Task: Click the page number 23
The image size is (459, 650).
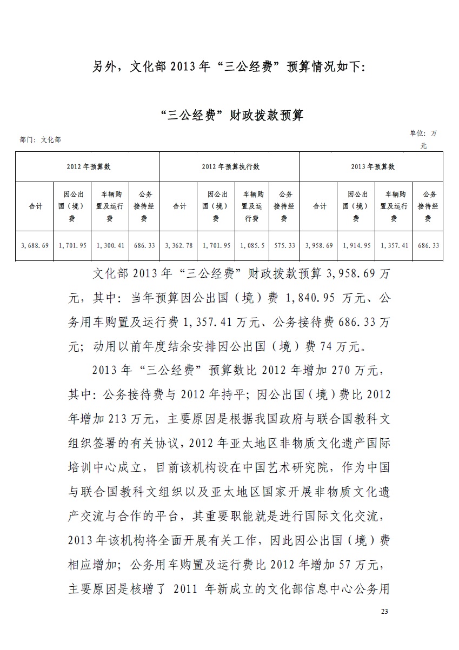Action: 384,611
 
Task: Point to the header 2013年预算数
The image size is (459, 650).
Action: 372,167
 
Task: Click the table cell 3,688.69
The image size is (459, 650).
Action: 35,245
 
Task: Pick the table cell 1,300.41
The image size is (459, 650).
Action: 110,245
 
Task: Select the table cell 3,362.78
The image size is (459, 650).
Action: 178,245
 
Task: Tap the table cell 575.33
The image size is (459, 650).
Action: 284,245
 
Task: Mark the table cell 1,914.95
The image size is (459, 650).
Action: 356,245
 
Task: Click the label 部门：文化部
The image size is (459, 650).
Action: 40,140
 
